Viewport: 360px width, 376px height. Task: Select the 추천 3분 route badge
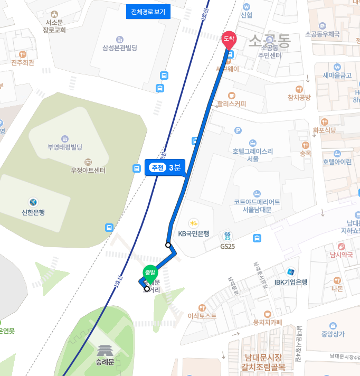click(x=165, y=167)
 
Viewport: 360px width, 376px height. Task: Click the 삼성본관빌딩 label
click(x=120, y=48)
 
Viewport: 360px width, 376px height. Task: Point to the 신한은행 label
click(x=33, y=212)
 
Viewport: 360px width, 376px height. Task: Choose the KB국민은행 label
click(x=194, y=233)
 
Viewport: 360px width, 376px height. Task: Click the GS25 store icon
click(x=228, y=236)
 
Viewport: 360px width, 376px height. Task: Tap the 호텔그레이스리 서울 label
click(x=252, y=154)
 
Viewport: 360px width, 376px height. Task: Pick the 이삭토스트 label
click(x=202, y=316)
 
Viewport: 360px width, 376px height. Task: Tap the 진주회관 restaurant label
click(x=23, y=62)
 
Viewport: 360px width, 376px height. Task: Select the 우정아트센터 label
click(x=88, y=171)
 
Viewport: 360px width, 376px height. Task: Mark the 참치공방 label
click(x=299, y=97)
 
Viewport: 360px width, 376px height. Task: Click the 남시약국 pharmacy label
click(x=341, y=255)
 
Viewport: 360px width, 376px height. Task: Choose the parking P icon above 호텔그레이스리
click(x=238, y=130)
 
